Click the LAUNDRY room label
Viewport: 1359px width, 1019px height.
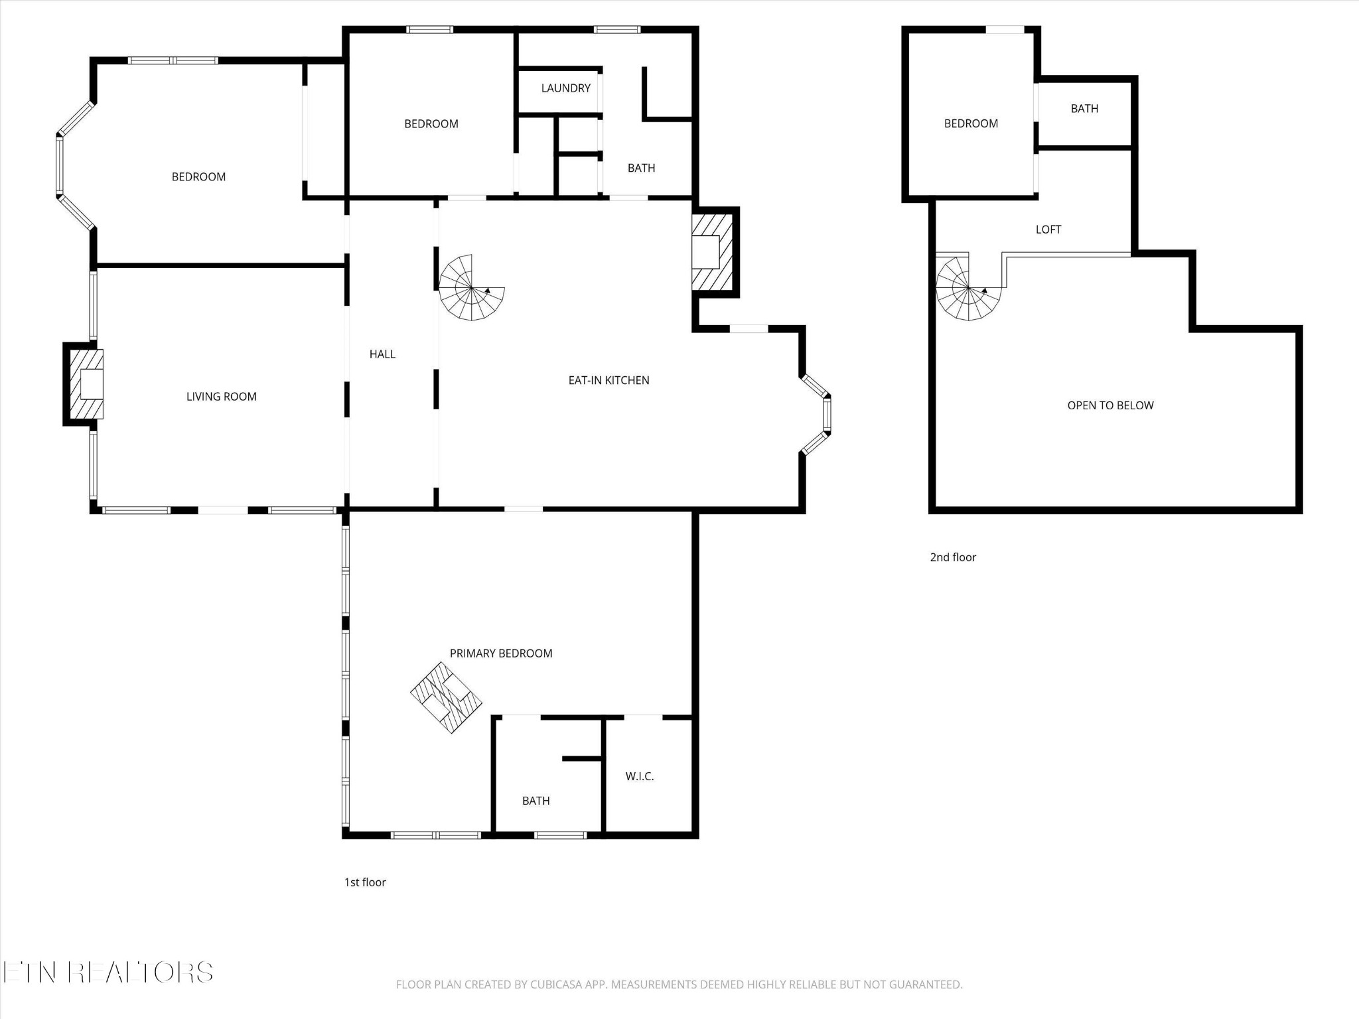pos(565,88)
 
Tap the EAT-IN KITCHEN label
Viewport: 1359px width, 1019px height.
pos(608,380)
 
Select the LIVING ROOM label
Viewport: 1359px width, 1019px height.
pos(221,397)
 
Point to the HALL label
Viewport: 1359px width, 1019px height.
pos(382,354)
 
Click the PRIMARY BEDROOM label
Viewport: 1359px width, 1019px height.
pos(501,653)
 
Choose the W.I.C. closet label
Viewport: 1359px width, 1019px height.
pos(640,776)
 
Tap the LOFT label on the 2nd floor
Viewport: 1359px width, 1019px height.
pos(1048,230)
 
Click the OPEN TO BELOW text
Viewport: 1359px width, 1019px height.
pos(1110,405)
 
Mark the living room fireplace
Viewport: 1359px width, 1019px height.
pos(84,384)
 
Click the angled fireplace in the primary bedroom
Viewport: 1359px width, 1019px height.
pos(446,697)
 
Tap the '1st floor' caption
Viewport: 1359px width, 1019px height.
pos(365,882)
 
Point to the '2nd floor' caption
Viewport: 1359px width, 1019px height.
pos(953,557)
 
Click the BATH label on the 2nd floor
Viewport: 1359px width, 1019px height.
pos(1084,109)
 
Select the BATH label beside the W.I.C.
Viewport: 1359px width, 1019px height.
pos(536,801)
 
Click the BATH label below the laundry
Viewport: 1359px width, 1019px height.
pos(641,169)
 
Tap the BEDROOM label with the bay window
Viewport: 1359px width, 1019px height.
pos(198,177)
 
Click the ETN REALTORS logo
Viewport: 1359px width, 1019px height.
pos(107,973)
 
